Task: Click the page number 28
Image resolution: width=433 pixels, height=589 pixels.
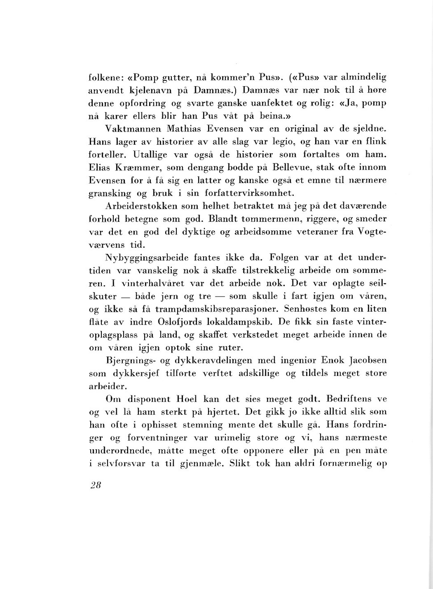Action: [96, 485]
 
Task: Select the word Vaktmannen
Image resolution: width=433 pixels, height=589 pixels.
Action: [131, 129]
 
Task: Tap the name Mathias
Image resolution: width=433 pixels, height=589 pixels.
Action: [185, 129]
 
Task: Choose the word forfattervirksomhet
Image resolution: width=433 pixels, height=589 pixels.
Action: [250, 193]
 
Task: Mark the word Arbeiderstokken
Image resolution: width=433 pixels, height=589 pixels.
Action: [142, 206]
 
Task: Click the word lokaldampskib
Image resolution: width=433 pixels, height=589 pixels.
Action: [244, 322]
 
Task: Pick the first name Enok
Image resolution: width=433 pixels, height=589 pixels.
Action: [333, 360]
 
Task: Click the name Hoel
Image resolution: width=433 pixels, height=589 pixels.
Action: [187, 399]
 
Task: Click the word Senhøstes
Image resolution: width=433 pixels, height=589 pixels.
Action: [305, 309]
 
